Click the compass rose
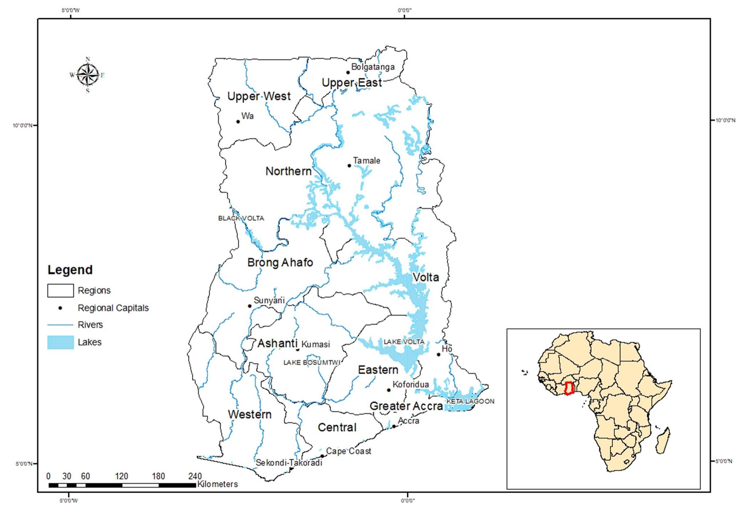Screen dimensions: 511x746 (88, 75)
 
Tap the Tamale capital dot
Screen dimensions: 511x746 (349, 165)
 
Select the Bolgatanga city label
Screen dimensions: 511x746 (373, 67)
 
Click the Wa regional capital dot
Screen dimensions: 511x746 (238, 121)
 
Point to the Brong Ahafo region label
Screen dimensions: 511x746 (280, 263)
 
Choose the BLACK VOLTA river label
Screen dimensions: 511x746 (241, 218)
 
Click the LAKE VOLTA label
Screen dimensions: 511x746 (404, 342)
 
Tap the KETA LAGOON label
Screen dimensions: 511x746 (470, 401)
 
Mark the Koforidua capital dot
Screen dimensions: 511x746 (389, 390)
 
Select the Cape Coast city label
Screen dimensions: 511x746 (349, 451)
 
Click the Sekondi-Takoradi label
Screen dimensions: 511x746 (289, 463)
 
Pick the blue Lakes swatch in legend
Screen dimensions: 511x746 (60, 342)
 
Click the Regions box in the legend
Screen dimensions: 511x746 (60, 291)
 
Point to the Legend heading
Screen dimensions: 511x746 (70, 270)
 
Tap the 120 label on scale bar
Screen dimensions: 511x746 (122, 476)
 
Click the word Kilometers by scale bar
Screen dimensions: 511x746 (217, 484)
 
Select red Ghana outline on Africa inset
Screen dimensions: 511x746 (569, 388)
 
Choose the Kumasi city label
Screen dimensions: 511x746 (316, 344)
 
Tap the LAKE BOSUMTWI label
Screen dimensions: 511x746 (312, 362)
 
